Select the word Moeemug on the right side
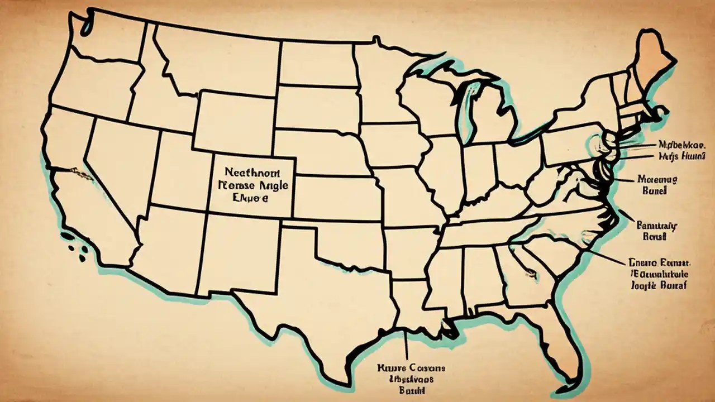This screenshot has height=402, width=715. pyautogui.click(x=657, y=180)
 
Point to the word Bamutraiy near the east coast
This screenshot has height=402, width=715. pyautogui.click(x=657, y=226)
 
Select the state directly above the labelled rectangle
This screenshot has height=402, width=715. pyautogui.click(x=235, y=120)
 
